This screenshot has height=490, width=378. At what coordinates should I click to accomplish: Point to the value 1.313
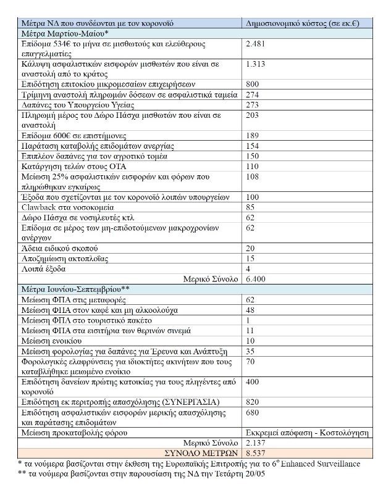coord(255,64)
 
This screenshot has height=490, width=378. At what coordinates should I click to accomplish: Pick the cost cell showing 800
coord(253,83)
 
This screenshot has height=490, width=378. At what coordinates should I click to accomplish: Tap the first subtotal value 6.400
coord(256,279)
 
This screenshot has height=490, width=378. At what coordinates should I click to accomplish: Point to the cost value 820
coord(253,402)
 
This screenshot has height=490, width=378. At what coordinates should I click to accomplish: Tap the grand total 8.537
coord(256,452)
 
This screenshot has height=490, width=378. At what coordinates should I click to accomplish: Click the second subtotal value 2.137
coord(256,442)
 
